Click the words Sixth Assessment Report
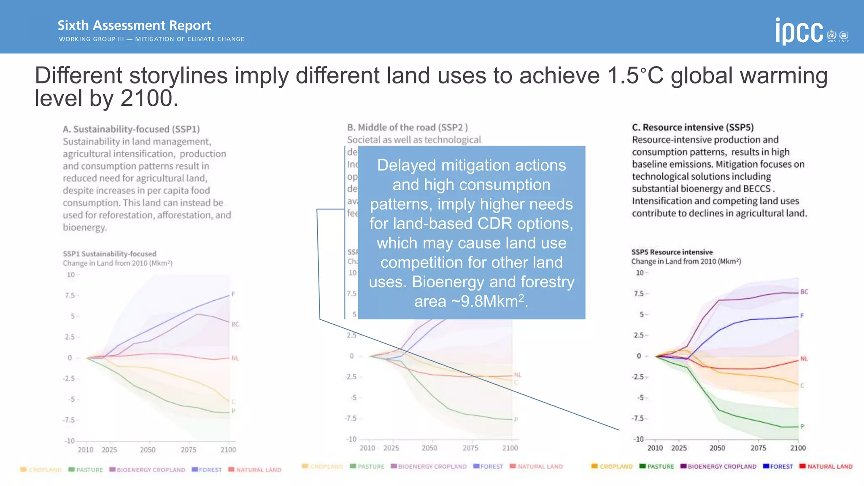[134, 25]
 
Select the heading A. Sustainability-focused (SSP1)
[131, 129]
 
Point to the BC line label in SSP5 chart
[804, 292]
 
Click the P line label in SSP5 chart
[802, 427]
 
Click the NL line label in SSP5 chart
[804, 359]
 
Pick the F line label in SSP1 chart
[233, 294]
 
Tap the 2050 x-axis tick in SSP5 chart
[717, 448]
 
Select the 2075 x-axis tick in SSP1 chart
[189, 450]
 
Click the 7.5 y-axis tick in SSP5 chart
[639, 294]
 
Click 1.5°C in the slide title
[636, 76]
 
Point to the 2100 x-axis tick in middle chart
[510, 448]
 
